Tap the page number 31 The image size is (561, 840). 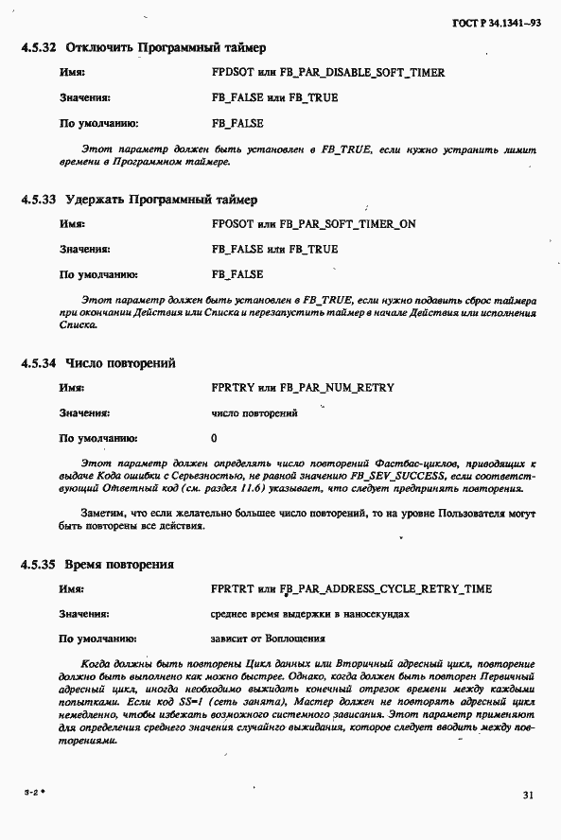tap(528, 796)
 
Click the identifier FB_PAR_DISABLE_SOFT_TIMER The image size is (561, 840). tap(366, 73)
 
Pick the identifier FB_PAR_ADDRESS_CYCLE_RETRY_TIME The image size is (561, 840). tap(386, 589)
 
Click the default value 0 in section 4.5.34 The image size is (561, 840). tap(215, 438)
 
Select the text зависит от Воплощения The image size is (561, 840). tap(268, 639)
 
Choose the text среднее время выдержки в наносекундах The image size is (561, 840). tap(310, 615)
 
